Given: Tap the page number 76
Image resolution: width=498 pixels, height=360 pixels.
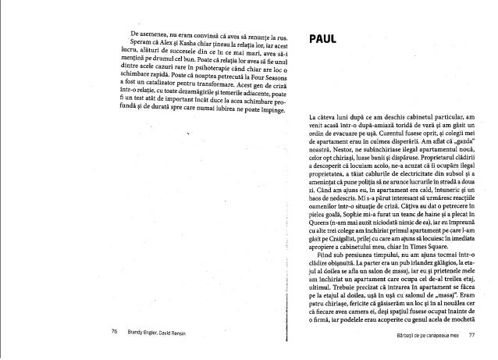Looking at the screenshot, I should (115, 333).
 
